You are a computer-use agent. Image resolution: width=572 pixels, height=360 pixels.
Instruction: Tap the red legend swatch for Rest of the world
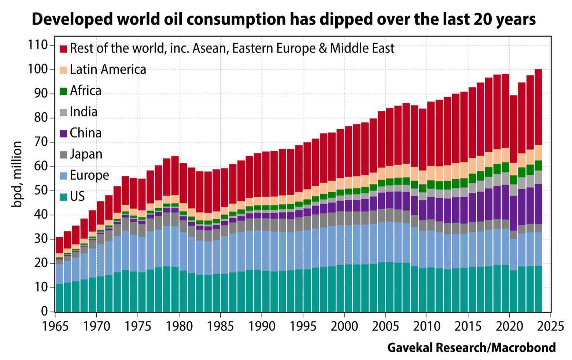click(x=63, y=48)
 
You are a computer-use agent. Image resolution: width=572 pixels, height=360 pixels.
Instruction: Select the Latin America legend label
click(x=108, y=69)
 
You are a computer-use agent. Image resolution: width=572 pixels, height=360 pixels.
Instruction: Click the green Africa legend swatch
click(x=63, y=91)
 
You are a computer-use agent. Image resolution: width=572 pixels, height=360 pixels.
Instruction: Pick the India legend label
click(x=84, y=112)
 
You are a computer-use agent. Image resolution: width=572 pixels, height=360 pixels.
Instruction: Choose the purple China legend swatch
click(x=63, y=133)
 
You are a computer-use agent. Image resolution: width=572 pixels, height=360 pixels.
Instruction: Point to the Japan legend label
click(x=86, y=154)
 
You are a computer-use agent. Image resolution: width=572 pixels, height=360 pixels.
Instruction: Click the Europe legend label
click(x=89, y=175)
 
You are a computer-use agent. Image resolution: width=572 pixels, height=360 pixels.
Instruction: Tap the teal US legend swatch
click(x=63, y=197)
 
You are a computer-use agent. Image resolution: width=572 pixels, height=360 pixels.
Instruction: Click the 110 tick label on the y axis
click(x=38, y=45)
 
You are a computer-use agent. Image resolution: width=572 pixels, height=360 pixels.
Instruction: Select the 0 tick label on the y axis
click(x=45, y=311)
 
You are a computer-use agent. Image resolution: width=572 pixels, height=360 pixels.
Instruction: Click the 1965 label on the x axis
click(x=55, y=326)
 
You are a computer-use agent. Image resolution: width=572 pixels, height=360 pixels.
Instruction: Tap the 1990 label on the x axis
click(x=261, y=326)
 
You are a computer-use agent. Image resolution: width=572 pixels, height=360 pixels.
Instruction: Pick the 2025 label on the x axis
click(x=550, y=326)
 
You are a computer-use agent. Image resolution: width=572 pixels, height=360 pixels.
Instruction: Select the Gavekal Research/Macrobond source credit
click(x=471, y=347)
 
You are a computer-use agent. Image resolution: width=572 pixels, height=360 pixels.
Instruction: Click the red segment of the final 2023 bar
click(x=538, y=106)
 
